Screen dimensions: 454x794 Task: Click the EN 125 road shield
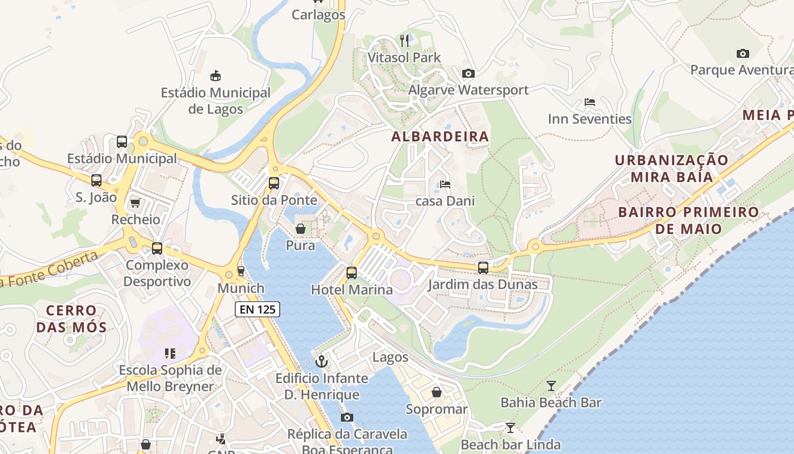coord(257,309)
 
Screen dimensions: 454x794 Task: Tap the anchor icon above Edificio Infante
coord(322,361)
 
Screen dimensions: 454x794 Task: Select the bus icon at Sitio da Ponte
coord(274,183)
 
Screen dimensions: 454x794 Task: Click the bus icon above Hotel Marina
coord(352,273)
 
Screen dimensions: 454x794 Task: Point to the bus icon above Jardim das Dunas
coord(483,268)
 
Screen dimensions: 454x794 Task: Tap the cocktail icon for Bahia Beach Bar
coord(551,386)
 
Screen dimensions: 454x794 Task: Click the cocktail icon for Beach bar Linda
coord(510,428)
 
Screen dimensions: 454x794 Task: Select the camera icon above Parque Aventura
coord(742,54)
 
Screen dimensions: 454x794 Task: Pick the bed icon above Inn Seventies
coord(590,103)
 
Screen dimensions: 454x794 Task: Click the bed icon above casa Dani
coord(445,184)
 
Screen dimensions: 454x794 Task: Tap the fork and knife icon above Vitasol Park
coord(404,40)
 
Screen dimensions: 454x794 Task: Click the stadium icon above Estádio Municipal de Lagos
coord(216,75)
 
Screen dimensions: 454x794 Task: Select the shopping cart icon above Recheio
coord(135,203)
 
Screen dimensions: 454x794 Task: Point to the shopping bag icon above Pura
coord(301,229)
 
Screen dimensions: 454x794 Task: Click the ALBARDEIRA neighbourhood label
coord(440,136)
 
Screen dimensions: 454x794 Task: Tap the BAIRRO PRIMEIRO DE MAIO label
coord(688,220)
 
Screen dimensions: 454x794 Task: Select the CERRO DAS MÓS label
coord(71,319)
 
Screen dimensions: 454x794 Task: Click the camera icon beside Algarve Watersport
coord(468,73)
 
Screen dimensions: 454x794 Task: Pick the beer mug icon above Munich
coord(241,271)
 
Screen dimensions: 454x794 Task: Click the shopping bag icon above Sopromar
coord(437,392)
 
